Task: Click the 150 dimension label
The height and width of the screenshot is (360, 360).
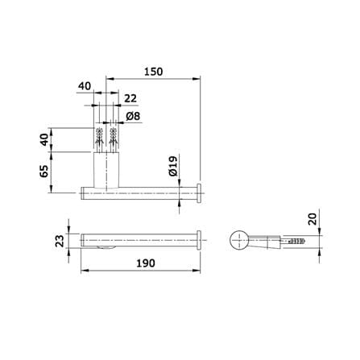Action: click(x=153, y=72)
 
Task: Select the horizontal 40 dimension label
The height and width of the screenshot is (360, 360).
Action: click(x=85, y=86)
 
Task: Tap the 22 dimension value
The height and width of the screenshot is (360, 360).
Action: click(x=130, y=98)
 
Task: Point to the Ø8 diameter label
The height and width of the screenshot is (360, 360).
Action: click(x=133, y=116)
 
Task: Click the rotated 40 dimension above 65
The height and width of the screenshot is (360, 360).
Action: click(x=44, y=139)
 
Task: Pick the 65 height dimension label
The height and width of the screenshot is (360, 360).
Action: click(x=44, y=171)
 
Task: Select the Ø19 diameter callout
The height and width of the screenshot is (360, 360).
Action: click(x=173, y=166)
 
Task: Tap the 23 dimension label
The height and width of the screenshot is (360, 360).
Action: click(x=60, y=241)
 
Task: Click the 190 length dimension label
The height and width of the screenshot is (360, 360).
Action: click(x=146, y=263)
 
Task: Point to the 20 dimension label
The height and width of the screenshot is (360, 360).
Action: click(x=312, y=219)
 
